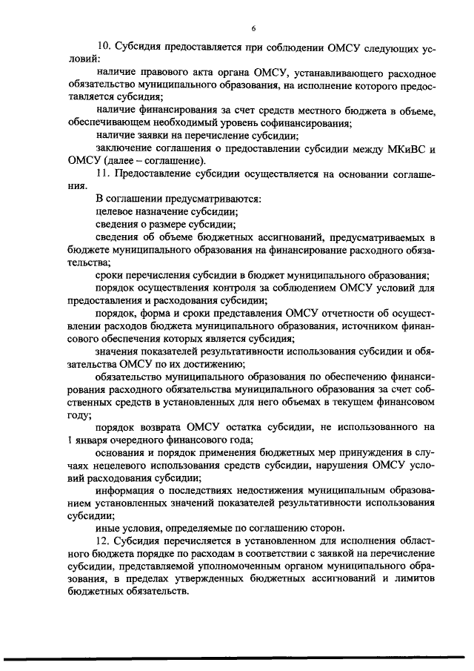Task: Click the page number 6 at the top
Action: [253, 29]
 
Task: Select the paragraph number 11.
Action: [103, 173]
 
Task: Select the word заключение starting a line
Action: [124, 148]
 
